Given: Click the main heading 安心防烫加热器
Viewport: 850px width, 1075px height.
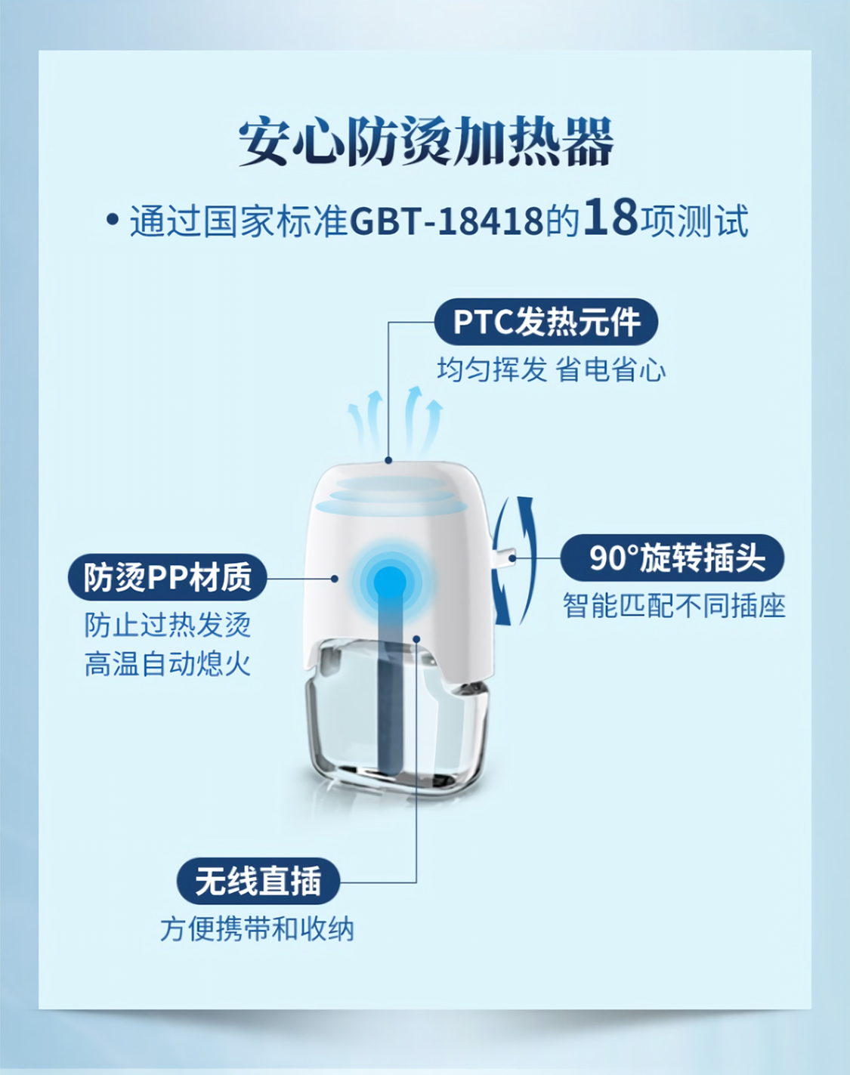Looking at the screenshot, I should tap(425, 142).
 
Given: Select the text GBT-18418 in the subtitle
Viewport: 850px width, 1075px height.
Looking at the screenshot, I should tap(447, 221).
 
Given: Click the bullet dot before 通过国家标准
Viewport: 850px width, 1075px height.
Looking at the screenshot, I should tap(113, 221).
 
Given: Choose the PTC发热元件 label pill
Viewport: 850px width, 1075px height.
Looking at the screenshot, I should tap(546, 323).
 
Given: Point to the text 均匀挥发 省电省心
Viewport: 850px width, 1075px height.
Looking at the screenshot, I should tap(551, 370).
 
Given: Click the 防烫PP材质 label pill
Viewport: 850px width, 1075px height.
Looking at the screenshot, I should tap(167, 578).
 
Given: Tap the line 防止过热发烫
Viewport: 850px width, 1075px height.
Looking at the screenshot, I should tap(167, 625).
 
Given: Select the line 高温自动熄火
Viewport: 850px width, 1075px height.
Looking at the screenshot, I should tap(167, 664).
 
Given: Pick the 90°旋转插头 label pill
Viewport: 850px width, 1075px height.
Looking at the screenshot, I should tap(672, 558).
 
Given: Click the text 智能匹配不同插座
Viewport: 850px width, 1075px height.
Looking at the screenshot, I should tap(674, 606).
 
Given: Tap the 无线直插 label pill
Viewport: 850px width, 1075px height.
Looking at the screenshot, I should tap(258, 881).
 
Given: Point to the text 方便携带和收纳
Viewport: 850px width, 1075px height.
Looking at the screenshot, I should tap(257, 928).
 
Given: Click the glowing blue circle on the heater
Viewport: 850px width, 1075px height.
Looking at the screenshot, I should tap(388, 581).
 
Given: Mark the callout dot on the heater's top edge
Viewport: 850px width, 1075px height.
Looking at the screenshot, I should tap(388, 459).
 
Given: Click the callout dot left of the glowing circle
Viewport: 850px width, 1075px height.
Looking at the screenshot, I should tap(335, 579).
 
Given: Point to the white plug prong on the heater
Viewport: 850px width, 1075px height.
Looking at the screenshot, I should tap(503, 558).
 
